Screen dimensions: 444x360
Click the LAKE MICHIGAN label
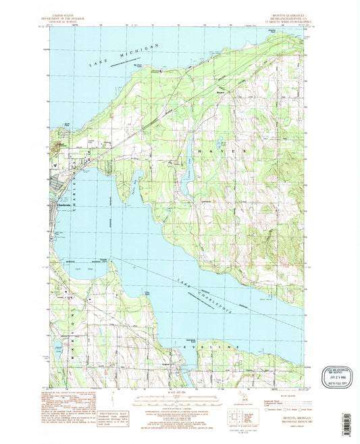coord(125,56)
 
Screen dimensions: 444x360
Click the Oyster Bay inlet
coord(137,179)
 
